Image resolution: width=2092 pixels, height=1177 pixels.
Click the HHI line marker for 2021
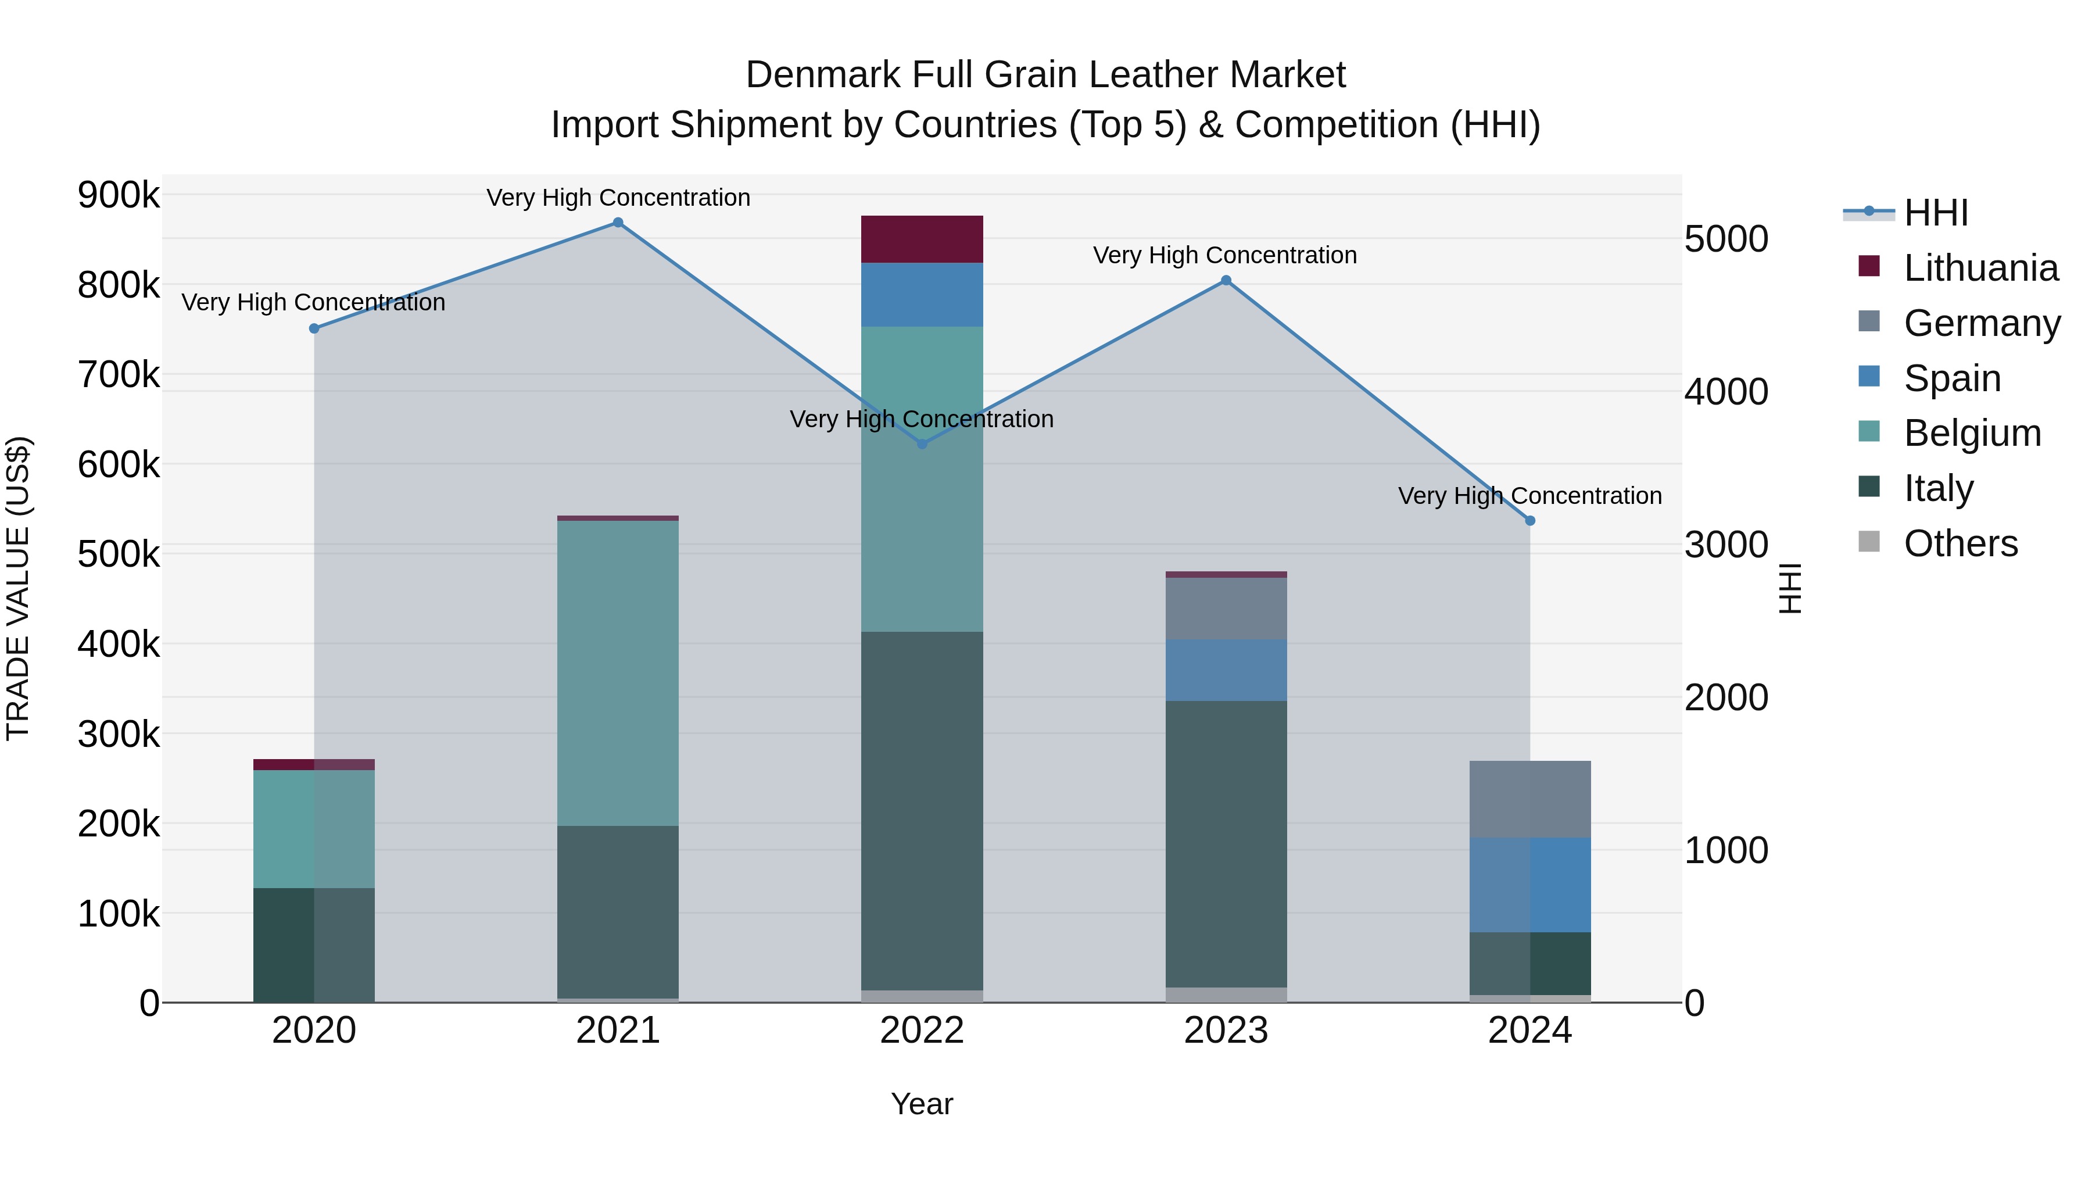tap(618, 223)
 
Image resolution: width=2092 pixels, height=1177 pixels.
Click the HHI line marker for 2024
tap(1530, 521)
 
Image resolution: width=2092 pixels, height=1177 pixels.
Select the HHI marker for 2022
tap(922, 444)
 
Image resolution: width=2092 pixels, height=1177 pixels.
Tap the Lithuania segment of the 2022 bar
tap(922, 239)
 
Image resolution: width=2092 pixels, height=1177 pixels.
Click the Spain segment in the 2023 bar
tap(1226, 670)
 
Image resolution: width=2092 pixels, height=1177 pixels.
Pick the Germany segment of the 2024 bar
tap(1530, 799)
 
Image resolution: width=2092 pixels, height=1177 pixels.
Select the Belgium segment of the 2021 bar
tap(618, 672)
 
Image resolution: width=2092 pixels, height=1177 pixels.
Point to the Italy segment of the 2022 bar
tap(922, 811)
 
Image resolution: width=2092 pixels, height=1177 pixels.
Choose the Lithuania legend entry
tap(1980, 268)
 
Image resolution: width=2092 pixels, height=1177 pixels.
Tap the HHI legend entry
tap(1935, 213)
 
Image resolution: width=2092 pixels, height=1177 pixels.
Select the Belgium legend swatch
tap(1869, 431)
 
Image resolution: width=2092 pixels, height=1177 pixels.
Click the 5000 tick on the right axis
tap(1726, 239)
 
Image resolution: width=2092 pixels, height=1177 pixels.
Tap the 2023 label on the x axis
tap(1226, 1031)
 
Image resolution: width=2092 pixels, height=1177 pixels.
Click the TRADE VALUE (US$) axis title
tap(18, 588)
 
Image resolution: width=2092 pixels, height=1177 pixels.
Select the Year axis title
tap(922, 1104)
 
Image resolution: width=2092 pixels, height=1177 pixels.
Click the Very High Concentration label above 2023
tap(1224, 255)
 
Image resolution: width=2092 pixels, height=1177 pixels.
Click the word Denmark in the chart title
tap(823, 75)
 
